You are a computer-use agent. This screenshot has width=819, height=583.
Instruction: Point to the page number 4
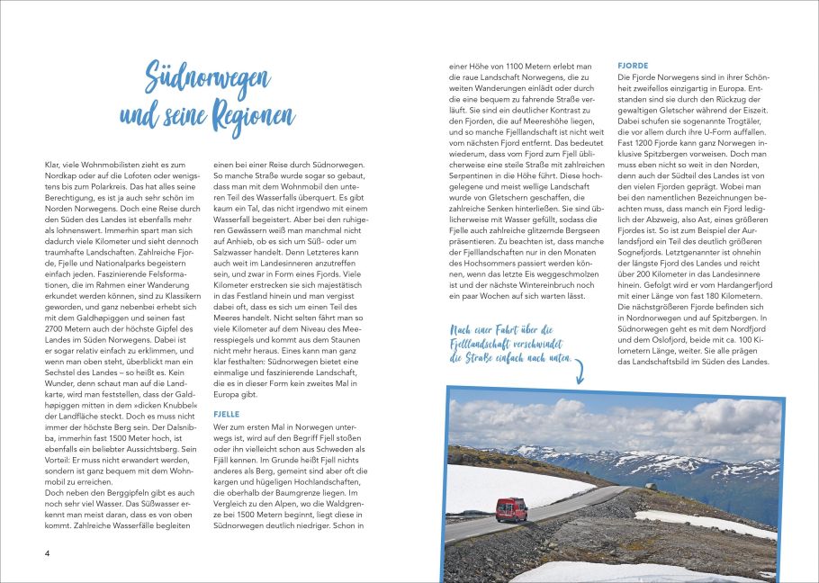click(x=48, y=552)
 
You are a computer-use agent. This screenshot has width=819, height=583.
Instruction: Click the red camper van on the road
click(x=510, y=508)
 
